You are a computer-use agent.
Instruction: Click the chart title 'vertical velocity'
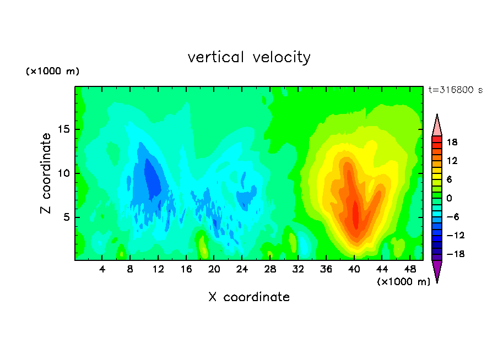click(249, 58)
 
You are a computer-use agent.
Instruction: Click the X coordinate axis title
click(249, 297)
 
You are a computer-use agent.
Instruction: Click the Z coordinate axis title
click(46, 173)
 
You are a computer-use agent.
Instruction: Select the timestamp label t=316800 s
click(456, 90)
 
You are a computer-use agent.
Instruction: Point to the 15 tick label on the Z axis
click(63, 129)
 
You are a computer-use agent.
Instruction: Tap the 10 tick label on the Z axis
click(63, 173)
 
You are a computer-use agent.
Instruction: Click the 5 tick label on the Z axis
click(66, 217)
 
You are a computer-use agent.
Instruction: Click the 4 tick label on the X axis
click(102, 269)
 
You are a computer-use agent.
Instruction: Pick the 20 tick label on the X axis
click(214, 269)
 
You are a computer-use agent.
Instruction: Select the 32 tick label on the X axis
click(298, 269)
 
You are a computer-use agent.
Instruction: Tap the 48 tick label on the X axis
click(410, 269)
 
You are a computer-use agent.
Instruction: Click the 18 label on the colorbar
click(452, 142)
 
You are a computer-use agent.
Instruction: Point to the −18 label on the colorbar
click(456, 254)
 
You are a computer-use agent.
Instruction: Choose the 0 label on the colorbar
click(449, 198)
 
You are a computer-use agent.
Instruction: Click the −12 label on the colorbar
click(456, 235)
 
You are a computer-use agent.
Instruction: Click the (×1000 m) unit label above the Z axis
click(52, 71)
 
